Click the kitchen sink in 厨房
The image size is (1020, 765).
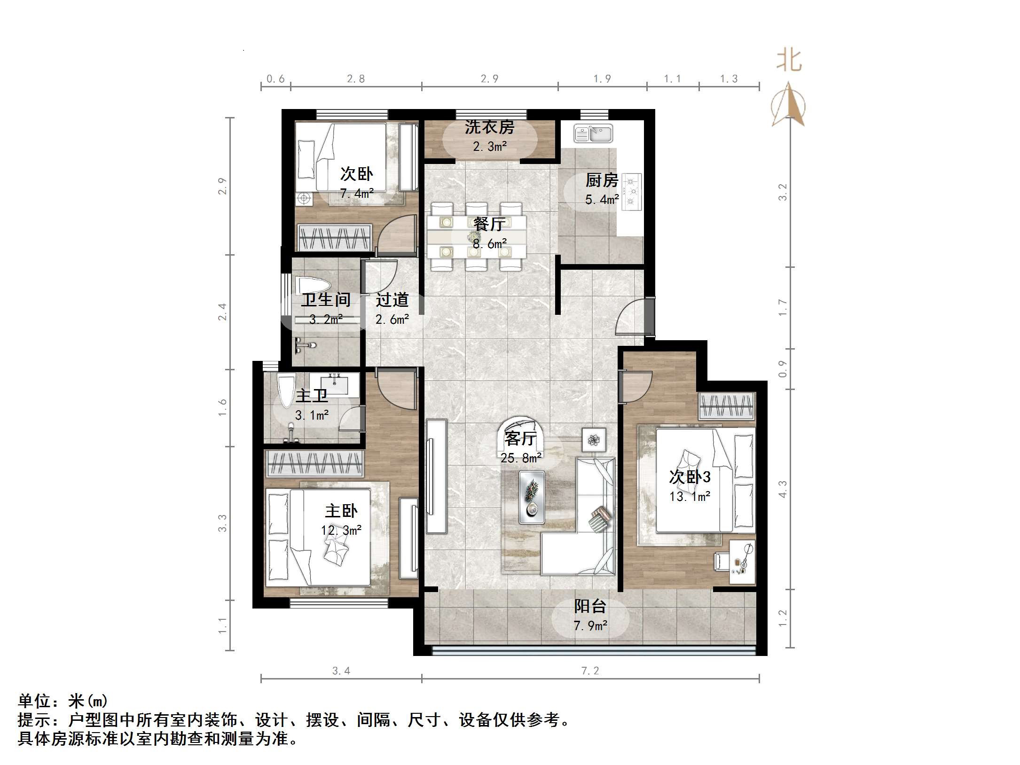pyautogui.click(x=593, y=133)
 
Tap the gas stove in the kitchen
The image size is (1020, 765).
pyautogui.click(x=632, y=191)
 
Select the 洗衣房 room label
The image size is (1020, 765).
pyautogui.click(x=489, y=127)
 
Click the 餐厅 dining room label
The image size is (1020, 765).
pyautogui.click(x=489, y=224)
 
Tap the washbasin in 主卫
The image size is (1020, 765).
pyautogui.click(x=336, y=384)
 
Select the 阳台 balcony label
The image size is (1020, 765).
pyautogui.click(x=590, y=606)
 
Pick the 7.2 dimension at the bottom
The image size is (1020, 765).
pyautogui.click(x=590, y=671)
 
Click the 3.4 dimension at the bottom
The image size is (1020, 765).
pyautogui.click(x=341, y=671)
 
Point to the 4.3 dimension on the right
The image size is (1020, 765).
pyautogui.click(x=782, y=489)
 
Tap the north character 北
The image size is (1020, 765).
pyautogui.click(x=789, y=61)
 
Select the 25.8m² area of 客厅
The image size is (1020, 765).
pyautogui.click(x=521, y=458)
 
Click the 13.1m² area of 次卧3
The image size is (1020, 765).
pyautogui.click(x=690, y=497)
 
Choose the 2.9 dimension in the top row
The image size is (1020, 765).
pyautogui.click(x=489, y=79)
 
